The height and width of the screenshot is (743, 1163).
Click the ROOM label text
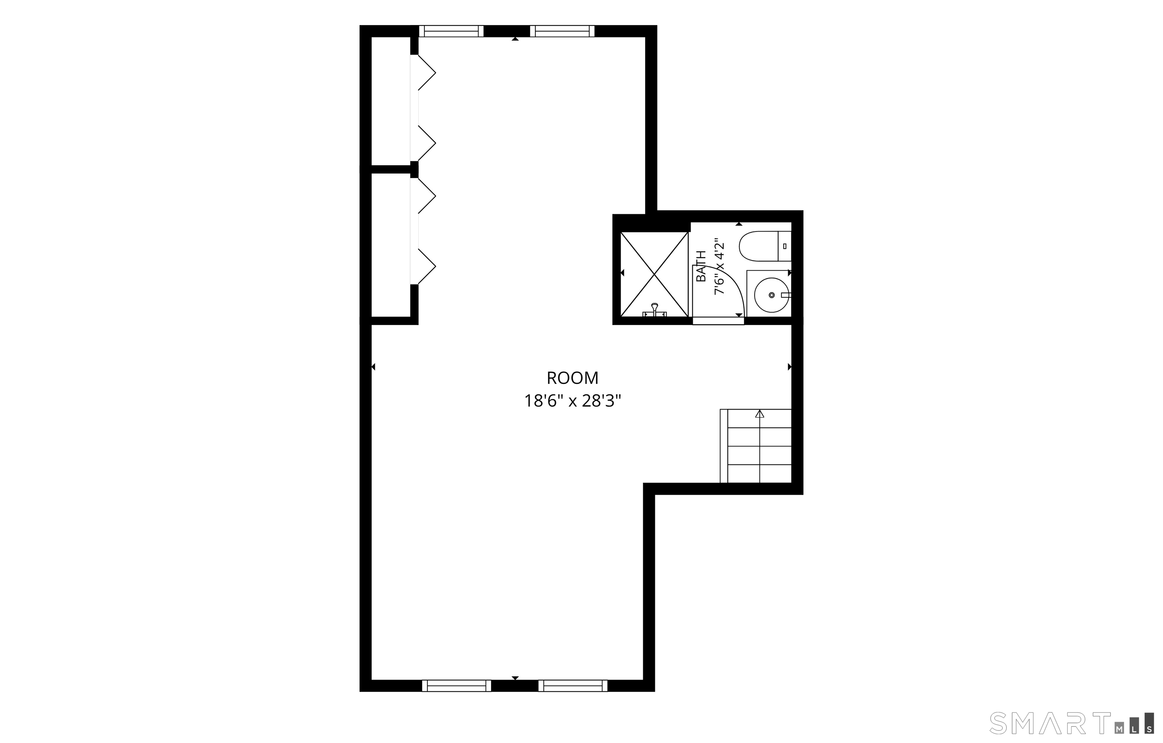pos(572,377)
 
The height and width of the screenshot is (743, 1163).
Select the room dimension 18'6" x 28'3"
pos(572,401)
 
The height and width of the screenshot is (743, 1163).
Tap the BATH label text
pos(701,266)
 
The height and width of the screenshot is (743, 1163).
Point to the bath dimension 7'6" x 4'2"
pos(720,266)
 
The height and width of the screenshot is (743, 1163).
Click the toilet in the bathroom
pos(765,246)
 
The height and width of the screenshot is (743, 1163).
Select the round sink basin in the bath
pos(771,295)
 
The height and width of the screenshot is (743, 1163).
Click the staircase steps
pos(756,446)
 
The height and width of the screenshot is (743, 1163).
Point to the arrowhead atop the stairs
pos(760,413)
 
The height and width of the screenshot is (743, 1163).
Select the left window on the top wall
pos(451,31)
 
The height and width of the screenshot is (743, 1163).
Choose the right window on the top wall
pos(562,31)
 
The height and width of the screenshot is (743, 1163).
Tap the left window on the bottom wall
pos(457,685)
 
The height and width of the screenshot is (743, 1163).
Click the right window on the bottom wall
pos(573,685)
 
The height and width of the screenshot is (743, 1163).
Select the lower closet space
pos(391,245)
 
